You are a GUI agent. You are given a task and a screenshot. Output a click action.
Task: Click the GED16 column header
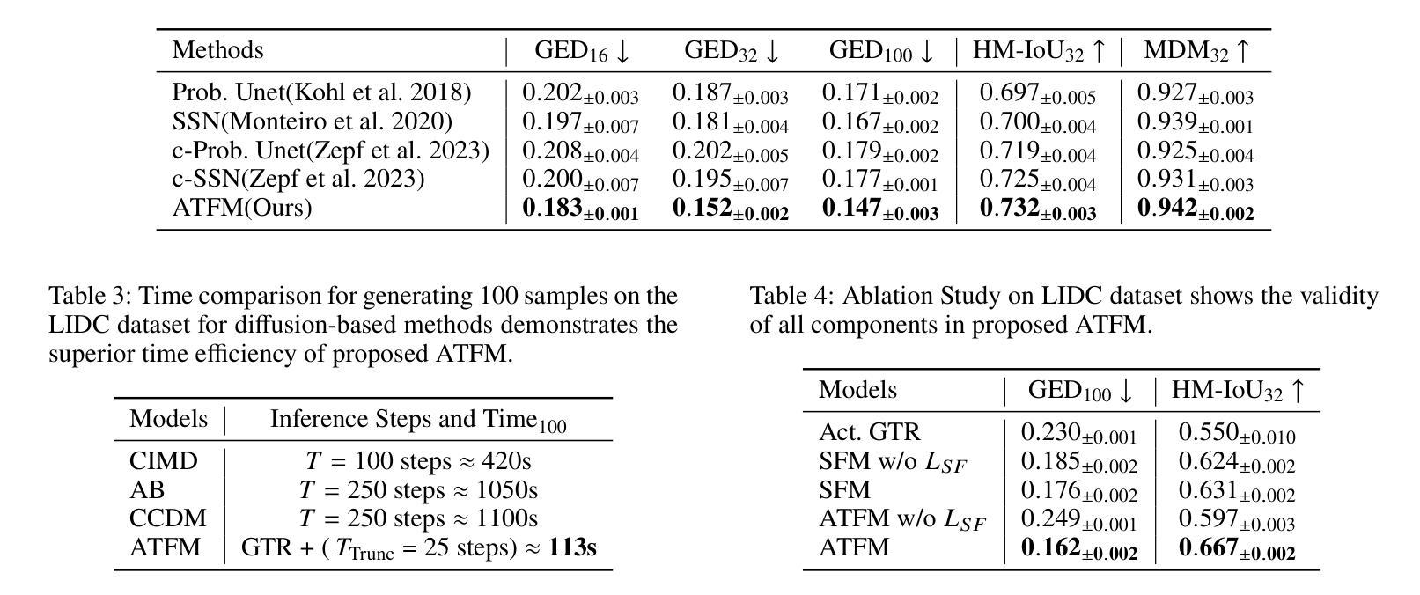pos(582,51)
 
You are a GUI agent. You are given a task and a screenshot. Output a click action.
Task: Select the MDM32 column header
pos(1196,51)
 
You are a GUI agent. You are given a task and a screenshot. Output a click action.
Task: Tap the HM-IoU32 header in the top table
pos(1038,51)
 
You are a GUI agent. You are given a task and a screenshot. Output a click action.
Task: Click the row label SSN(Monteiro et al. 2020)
pos(312,121)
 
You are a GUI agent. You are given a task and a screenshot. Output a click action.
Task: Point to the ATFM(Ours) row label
pos(242,208)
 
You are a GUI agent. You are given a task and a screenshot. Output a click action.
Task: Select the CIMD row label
pos(164,461)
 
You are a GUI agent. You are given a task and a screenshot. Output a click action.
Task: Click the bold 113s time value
pos(572,547)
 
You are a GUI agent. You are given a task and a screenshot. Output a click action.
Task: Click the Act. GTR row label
pos(869,432)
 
